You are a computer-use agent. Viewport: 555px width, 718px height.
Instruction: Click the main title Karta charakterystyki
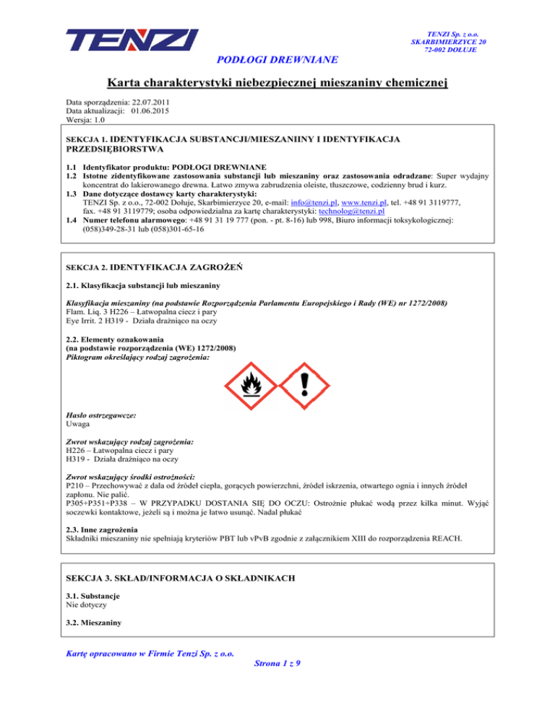277,84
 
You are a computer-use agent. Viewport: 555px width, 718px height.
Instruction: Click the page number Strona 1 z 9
277,666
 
